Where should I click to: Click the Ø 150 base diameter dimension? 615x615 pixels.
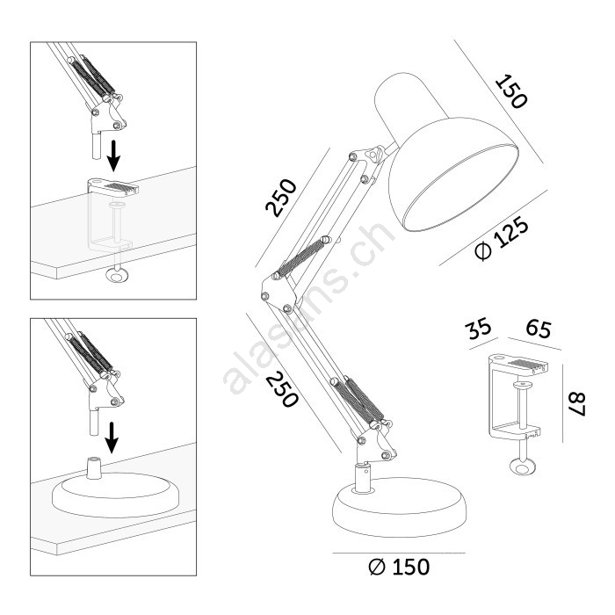[x=399, y=567]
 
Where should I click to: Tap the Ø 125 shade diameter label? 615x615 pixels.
[x=502, y=238]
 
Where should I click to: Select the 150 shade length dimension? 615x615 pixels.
[x=511, y=91]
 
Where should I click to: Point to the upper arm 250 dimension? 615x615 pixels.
[x=281, y=198]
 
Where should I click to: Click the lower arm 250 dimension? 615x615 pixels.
[x=282, y=389]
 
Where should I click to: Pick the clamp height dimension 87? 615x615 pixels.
[x=577, y=404]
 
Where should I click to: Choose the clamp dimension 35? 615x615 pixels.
[x=478, y=328]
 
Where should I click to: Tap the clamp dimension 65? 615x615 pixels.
[x=539, y=328]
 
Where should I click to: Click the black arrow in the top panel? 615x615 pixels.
[x=114, y=156]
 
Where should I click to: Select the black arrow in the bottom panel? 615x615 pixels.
[x=112, y=438]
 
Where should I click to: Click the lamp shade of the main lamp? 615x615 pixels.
[x=446, y=152]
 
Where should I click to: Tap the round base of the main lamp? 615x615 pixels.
[x=399, y=507]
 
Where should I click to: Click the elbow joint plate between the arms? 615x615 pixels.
[x=278, y=293]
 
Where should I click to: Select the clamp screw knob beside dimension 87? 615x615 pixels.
[x=522, y=467]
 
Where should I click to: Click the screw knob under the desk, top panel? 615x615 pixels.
[x=117, y=276]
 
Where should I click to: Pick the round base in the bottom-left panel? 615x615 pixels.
[x=115, y=494]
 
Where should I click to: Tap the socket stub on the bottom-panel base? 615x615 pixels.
[x=94, y=467]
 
